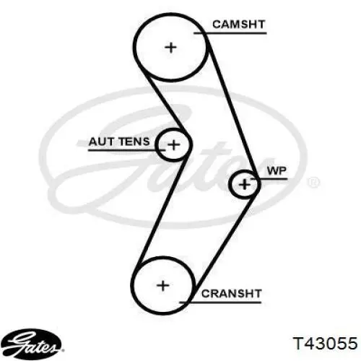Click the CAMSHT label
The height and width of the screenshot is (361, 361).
pyautogui.click(x=238, y=25)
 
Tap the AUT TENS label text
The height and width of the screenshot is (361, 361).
pyautogui.click(x=119, y=142)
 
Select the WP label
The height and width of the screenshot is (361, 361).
pyautogui.click(x=277, y=170)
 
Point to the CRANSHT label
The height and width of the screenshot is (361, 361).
pyautogui.click(x=231, y=294)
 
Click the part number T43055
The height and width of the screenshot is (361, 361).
pyautogui.click(x=325, y=343)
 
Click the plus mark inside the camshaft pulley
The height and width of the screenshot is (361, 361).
pyautogui.click(x=171, y=48)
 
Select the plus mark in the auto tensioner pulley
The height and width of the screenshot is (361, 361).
pyautogui.click(x=174, y=145)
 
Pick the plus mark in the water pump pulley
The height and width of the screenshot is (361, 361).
pyautogui.click(x=245, y=185)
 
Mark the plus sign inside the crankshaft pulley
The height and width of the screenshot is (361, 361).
pyautogui.click(x=163, y=286)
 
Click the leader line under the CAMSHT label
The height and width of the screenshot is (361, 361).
pyautogui.click(x=230, y=33)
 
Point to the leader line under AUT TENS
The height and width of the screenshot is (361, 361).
pyautogui.click(x=127, y=150)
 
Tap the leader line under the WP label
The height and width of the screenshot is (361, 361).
pyautogui.click(x=269, y=179)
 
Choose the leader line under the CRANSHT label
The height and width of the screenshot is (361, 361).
pyautogui.click(x=220, y=303)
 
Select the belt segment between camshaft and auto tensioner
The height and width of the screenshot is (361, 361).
pyautogui.click(x=165, y=101)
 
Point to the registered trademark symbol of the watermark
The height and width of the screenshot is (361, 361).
pyautogui.click(x=314, y=182)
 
